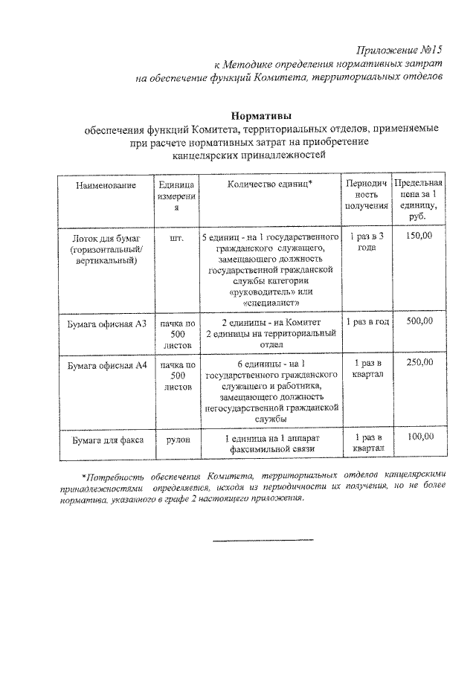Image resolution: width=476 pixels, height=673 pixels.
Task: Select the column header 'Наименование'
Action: click(106, 184)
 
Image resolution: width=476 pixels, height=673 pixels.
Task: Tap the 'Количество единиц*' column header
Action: click(270, 184)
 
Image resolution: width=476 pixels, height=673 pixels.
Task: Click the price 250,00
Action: click(420, 362)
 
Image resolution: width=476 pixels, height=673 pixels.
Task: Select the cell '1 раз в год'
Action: click(368, 322)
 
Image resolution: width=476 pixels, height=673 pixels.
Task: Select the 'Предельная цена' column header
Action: click(420, 195)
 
